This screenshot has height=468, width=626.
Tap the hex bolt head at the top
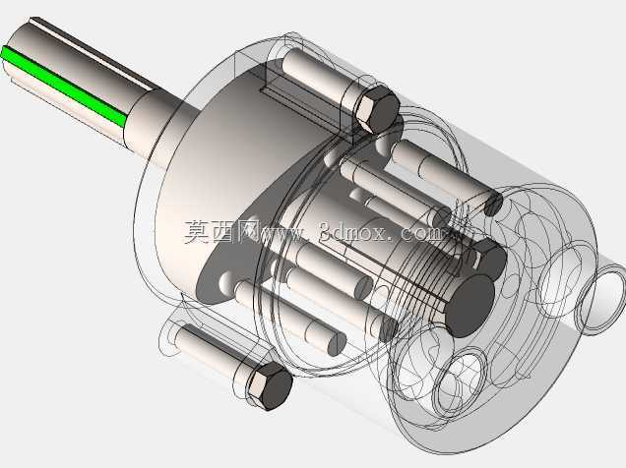click(x=376, y=108)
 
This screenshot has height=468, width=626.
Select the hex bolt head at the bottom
click(x=271, y=385)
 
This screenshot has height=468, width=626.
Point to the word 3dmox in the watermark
click(x=352, y=232)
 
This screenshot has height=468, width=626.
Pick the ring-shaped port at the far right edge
click(x=600, y=297)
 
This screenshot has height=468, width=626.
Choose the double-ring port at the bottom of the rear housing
click(x=459, y=381)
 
